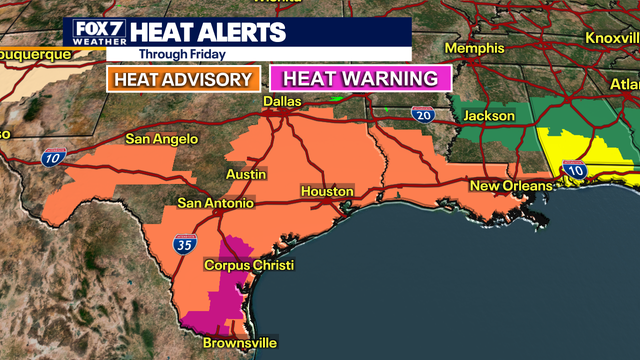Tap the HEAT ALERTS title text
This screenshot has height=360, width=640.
pos(214,32)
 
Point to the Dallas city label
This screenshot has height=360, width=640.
pos(282,102)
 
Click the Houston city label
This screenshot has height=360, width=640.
pos(327,191)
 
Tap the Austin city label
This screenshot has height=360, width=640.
pos(245,174)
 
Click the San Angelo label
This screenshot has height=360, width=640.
pos(162,139)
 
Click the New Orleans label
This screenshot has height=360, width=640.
pos(511,187)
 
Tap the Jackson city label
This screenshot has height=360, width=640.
pos(489,116)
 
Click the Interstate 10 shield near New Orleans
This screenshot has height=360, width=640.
pos(574,171)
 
